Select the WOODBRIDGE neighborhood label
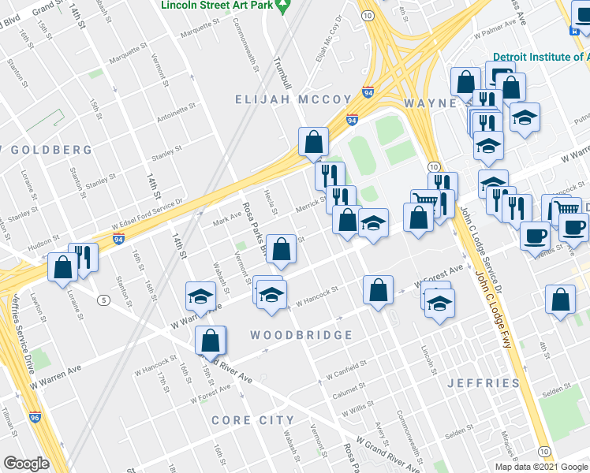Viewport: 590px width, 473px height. point(301,335)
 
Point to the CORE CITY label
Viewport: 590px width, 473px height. point(252,420)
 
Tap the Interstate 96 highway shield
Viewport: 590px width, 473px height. point(35,418)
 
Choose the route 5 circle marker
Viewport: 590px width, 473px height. point(103,300)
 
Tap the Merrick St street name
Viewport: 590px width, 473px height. point(311,203)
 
